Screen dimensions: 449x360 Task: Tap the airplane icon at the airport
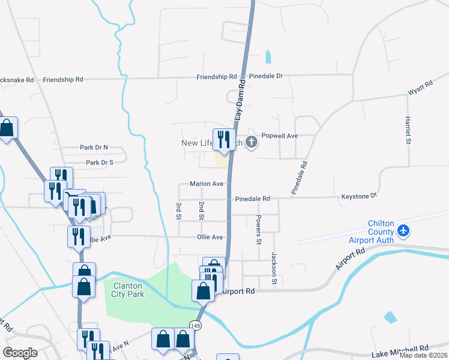403,230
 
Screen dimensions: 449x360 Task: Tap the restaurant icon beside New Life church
224,140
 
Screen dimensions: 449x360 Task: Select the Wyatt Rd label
420,89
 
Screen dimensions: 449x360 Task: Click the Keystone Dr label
358,196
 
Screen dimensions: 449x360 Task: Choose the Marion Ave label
206,184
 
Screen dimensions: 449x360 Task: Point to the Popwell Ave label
280,136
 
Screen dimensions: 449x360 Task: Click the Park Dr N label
94,147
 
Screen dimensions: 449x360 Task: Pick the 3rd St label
179,211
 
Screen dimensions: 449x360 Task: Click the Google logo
20,353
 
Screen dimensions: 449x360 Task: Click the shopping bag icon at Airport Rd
203,291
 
